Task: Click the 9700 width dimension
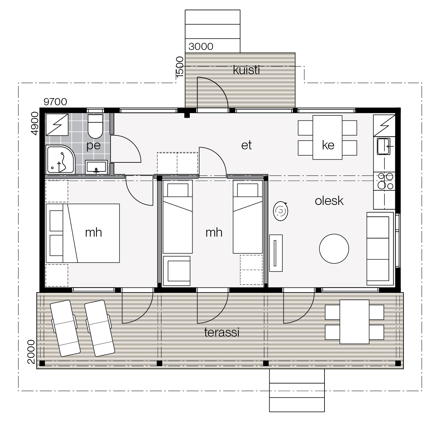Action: pyautogui.click(x=55, y=102)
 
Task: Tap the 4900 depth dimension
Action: pyautogui.click(x=34, y=123)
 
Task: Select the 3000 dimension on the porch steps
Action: pyautogui.click(x=201, y=47)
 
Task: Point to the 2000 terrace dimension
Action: pyautogui.click(x=31, y=352)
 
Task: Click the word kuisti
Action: pyautogui.click(x=246, y=70)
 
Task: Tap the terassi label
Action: pyautogui.click(x=222, y=332)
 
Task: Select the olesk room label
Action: pyautogui.click(x=329, y=201)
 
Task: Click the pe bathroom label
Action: pyautogui.click(x=93, y=145)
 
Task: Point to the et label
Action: pyautogui.click(x=246, y=145)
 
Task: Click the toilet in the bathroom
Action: pyautogui.click(x=95, y=126)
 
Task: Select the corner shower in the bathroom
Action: pyautogui.click(x=61, y=159)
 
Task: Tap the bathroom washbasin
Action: pyautogui.click(x=96, y=167)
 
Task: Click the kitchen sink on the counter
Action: pyautogui.click(x=383, y=146)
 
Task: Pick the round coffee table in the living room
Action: pyautogui.click(x=334, y=249)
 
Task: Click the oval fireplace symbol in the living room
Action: pyautogui.click(x=280, y=211)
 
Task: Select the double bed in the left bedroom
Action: pyautogui.click(x=83, y=233)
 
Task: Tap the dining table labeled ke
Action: pyautogui.click(x=327, y=138)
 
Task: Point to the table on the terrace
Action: pyautogui.click(x=354, y=322)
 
